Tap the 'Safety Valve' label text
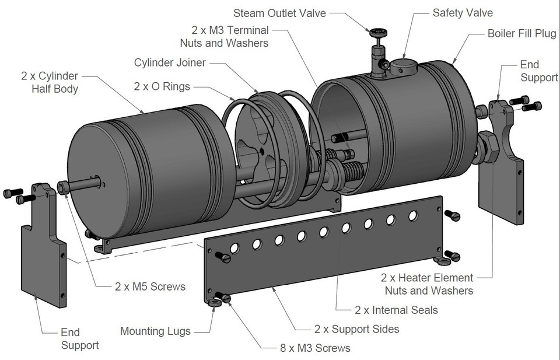(x=462, y=12)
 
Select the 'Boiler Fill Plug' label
(x=521, y=33)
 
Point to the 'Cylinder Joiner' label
(x=172, y=62)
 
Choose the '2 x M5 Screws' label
(x=149, y=286)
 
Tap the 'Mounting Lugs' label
(x=155, y=331)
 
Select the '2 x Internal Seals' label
(x=396, y=310)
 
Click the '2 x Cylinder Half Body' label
(x=50, y=82)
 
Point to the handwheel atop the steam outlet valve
(x=374, y=31)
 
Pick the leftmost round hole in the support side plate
(x=235, y=249)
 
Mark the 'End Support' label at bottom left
(x=79, y=339)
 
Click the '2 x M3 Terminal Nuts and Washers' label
(x=230, y=36)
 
